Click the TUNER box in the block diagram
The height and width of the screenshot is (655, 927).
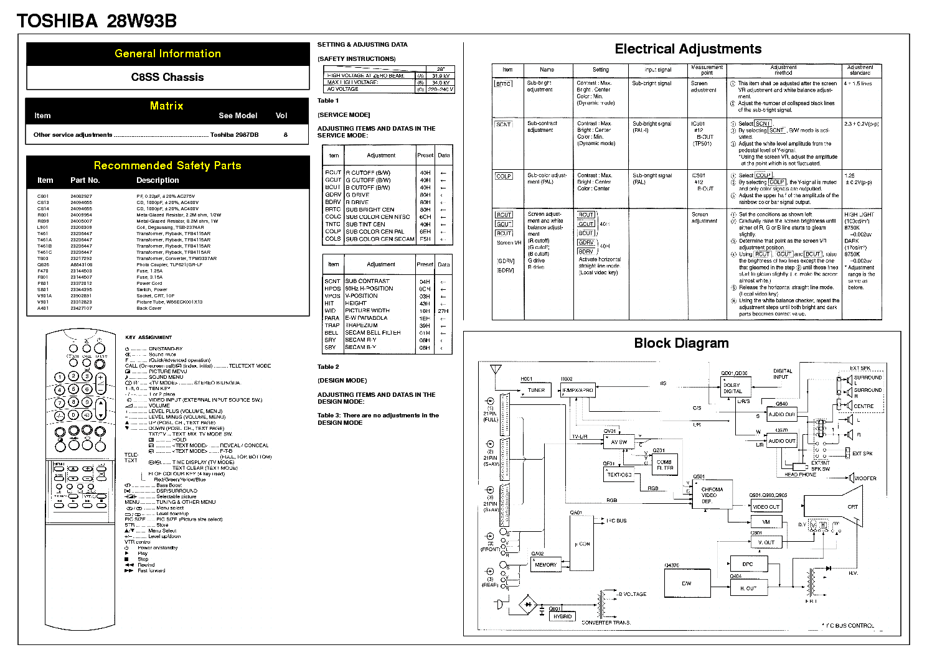click(535, 390)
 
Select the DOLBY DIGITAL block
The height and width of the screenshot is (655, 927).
click(732, 388)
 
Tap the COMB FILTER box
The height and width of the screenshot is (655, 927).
click(664, 465)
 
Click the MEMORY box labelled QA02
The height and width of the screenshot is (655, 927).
click(545, 565)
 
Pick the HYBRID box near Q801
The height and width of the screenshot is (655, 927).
click(562, 616)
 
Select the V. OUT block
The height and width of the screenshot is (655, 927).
click(766, 542)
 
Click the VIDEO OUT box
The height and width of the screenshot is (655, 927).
click(766, 507)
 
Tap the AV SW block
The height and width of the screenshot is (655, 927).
click(619, 442)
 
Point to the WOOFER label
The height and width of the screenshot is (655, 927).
click(865, 478)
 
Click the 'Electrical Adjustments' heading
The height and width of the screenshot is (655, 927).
click(688, 49)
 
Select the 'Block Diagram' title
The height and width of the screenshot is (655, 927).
click(681, 343)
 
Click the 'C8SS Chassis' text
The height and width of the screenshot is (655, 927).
click(167, 77)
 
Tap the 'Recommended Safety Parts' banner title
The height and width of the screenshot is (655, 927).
click(167, 165)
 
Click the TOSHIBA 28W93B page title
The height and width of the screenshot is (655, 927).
click(96, 21)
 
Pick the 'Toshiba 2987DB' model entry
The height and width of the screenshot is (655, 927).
click(234, 134)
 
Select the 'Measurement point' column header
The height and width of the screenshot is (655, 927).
click(707, 70)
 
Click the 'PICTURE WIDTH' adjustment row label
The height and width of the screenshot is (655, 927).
click(367, 310)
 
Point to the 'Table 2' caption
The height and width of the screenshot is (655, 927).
click(328, 367)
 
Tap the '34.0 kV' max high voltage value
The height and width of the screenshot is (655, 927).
click(441, 82)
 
